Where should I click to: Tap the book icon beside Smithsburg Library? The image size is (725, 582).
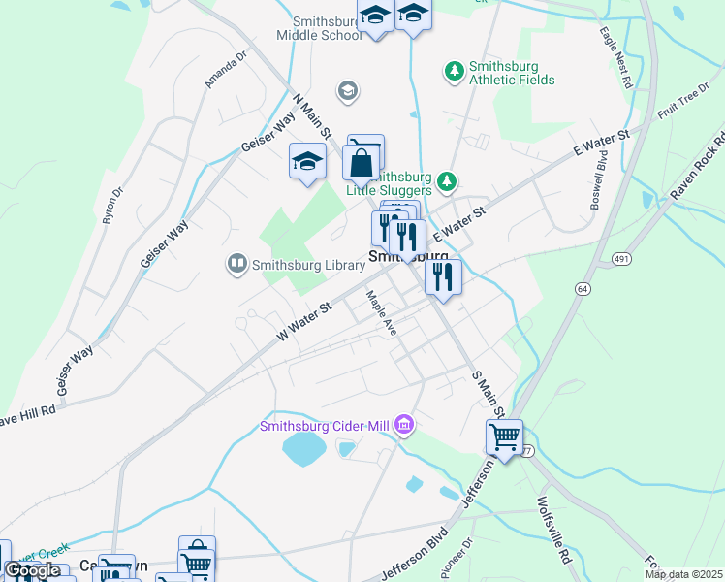236,263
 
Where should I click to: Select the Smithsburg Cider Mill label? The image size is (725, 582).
329,425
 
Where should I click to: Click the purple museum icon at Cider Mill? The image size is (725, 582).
405,424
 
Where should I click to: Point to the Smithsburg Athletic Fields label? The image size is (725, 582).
512,74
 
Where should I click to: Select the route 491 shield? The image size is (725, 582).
621,258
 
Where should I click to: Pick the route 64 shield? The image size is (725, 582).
583,289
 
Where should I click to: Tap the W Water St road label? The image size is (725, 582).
304,319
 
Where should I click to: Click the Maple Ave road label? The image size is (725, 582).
381,312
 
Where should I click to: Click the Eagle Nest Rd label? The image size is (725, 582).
615,60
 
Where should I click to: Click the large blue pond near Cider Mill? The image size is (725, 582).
304,447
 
